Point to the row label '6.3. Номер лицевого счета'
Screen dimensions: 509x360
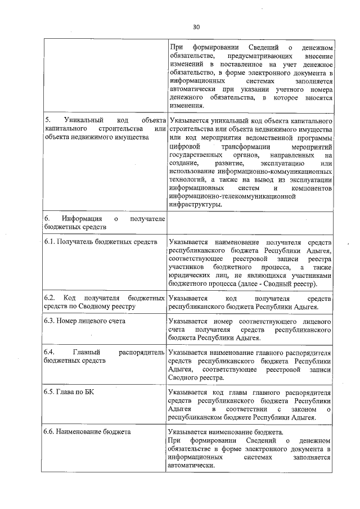click(84, 321)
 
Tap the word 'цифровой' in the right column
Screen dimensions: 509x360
click(183, 146)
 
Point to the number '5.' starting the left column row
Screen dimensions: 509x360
click(48, 120)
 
